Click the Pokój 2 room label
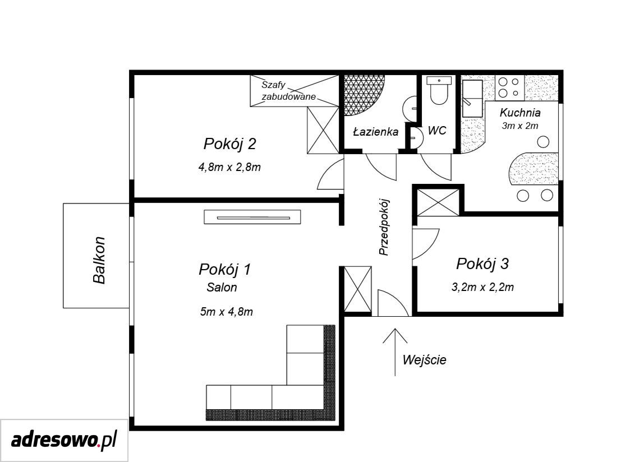[229, 144]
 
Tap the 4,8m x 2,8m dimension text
[229, 167]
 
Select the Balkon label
[99, 260]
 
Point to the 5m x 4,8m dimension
[227, 312]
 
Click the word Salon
[222, 287]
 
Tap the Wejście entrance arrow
[395, 352]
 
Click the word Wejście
[424, 360]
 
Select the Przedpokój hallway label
[384, 227]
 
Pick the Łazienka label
[376, 132]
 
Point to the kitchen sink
[472, 98]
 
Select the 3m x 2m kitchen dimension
[520, 126]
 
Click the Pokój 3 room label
[482, 264]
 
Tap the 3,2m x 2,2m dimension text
[482, 287]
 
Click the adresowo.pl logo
[64, 441]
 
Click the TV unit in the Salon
[252, 217]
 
